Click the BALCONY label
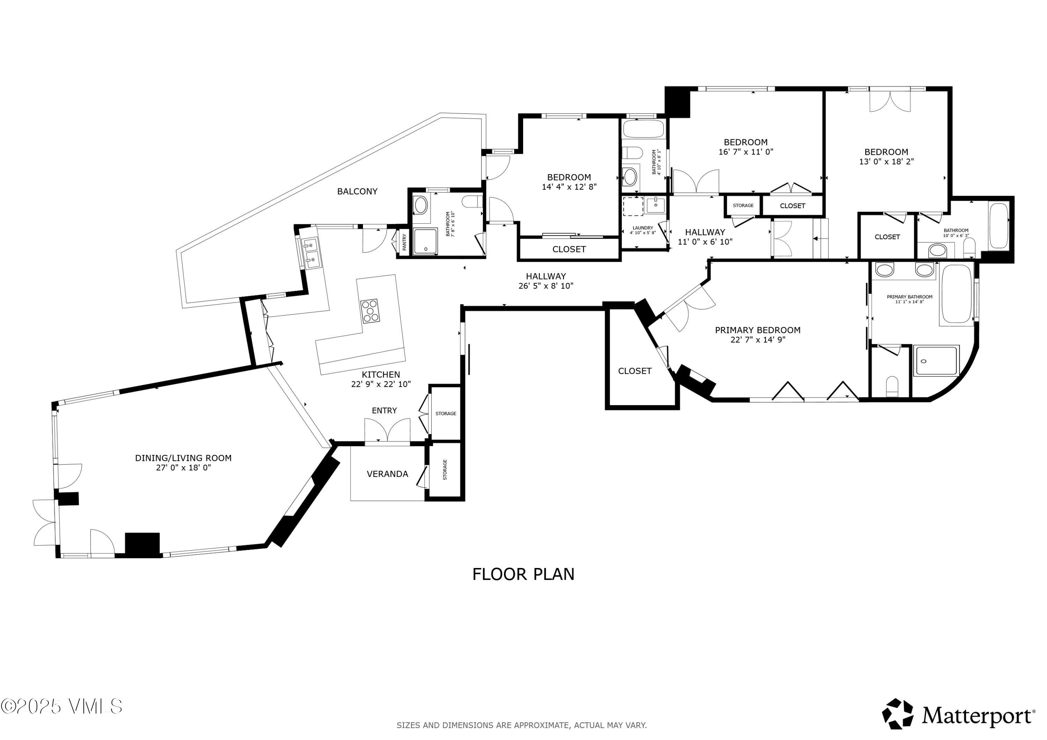pyautogui.click(x=357, y=192)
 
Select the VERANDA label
pyautogui.click(x=387, y=474)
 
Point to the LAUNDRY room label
pyautogui.click(x=643, y=228)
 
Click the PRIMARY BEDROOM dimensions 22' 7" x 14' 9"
pyautogui.click(x=757, y=340)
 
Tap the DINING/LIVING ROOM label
pyautogui.click(x=183, y=458)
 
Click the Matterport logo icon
pyautogui.click(x=897, y=713)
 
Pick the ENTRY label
pyautogui.click(x=384, y=411)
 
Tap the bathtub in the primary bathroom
pyautogui.click(x=957, y=294)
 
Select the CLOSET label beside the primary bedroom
pyautogui.click(x=634, y=371)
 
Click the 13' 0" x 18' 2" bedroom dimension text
pyautogui.click(x=886, y=162)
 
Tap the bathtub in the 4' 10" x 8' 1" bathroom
pyautogui.click(x=643, y=129)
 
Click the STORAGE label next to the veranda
pyautogui.click(x=445, y=470)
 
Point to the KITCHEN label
pyautogui.click(x=381, y=375)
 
